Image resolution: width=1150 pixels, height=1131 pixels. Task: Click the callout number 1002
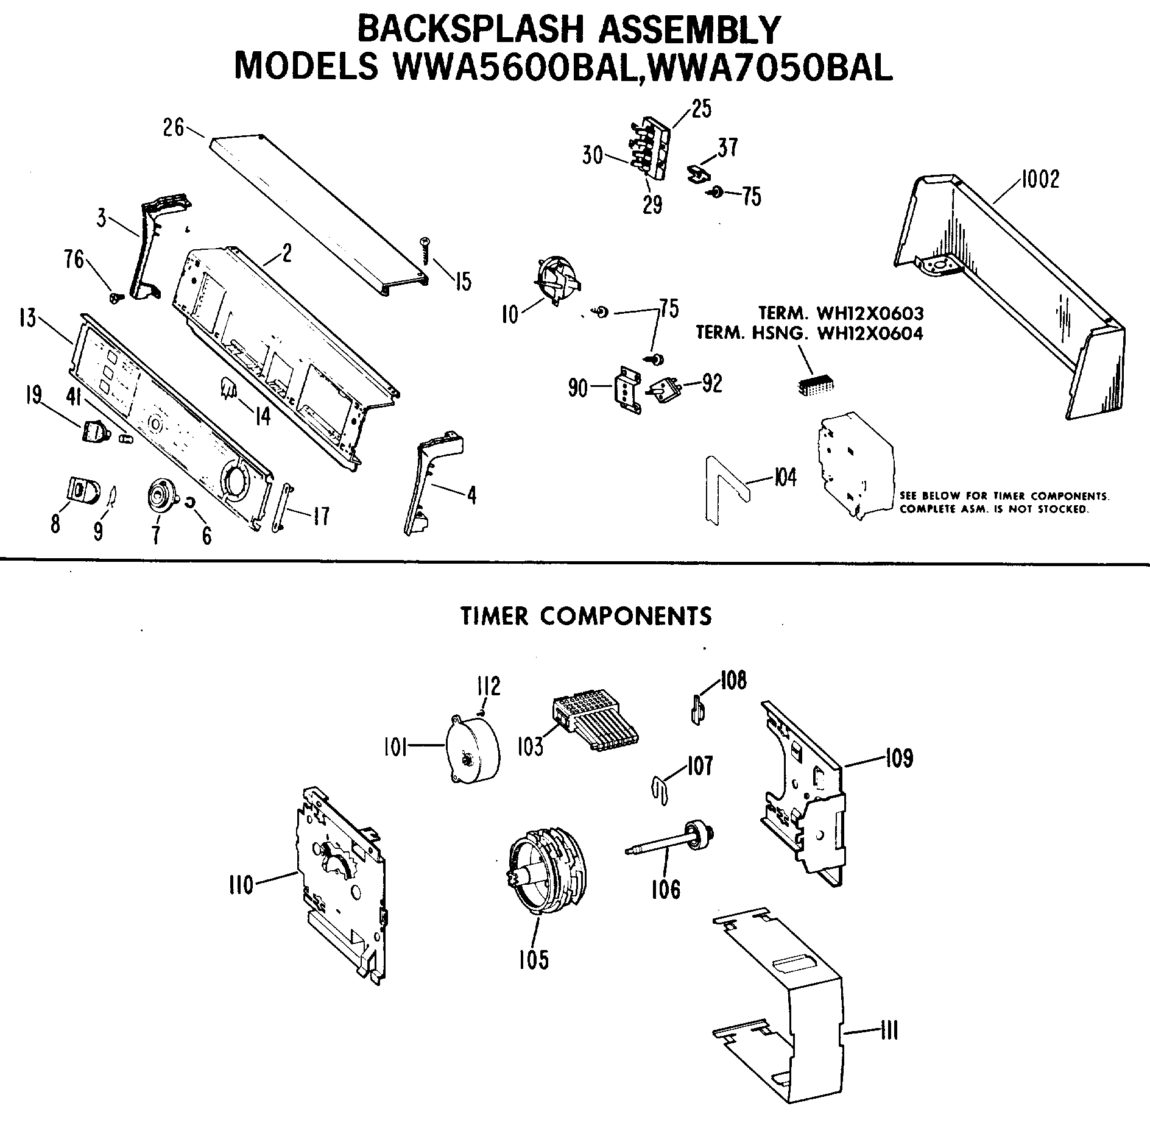pyautogui.click(x=1040, y=179)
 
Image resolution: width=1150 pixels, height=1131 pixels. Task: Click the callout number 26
pyautogui.click(x=173, y=128)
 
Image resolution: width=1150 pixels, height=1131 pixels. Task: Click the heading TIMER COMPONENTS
pyautogui.click(x=585, y=616)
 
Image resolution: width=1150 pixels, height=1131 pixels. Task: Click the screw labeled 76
pyautogui.click(x=115, y=297)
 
